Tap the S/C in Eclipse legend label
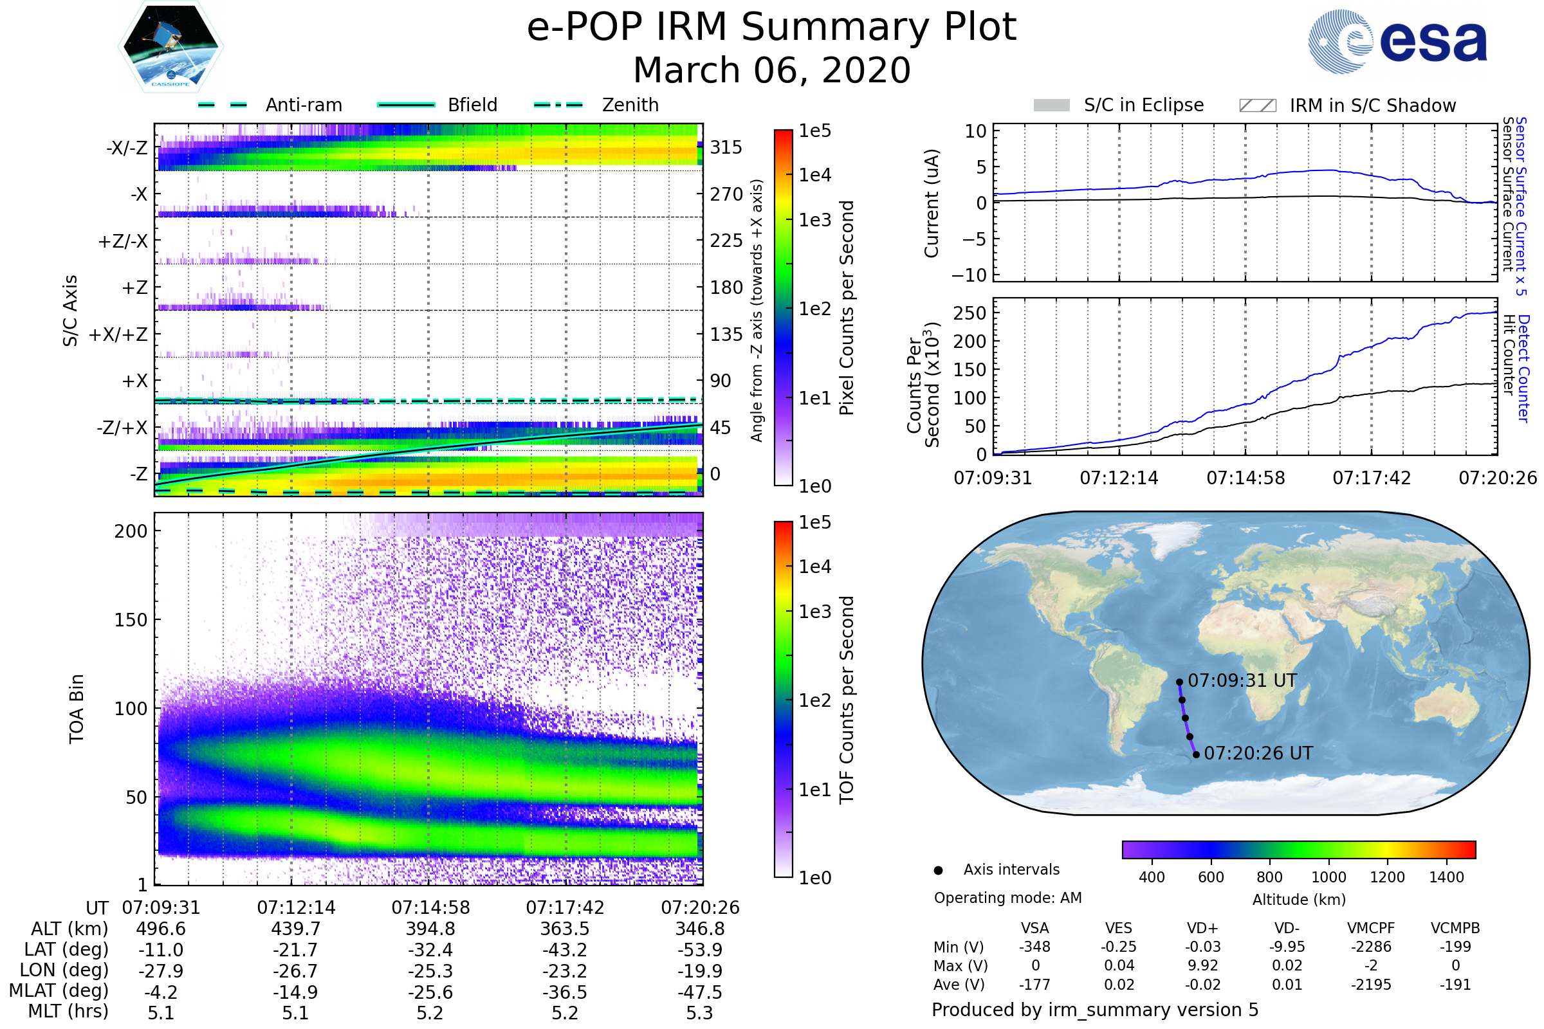click(1143, 105)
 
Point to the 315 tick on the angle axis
click(726, 147)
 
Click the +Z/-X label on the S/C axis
click(123, 242)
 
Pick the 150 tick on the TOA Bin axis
click(131, 620)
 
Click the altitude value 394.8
click(430, 929)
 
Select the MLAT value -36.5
click(565, 992)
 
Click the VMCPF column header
click(1371, 929)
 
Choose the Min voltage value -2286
click(1371, 947)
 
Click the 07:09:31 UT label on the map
click(1242, 680)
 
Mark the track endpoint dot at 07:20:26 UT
click(1196, 754)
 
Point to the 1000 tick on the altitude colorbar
click(1328, 877)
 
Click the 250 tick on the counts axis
click(970, 313)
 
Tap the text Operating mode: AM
click(1007, 898)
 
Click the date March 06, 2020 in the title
click(772, 70)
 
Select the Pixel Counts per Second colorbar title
click(847, 308)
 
